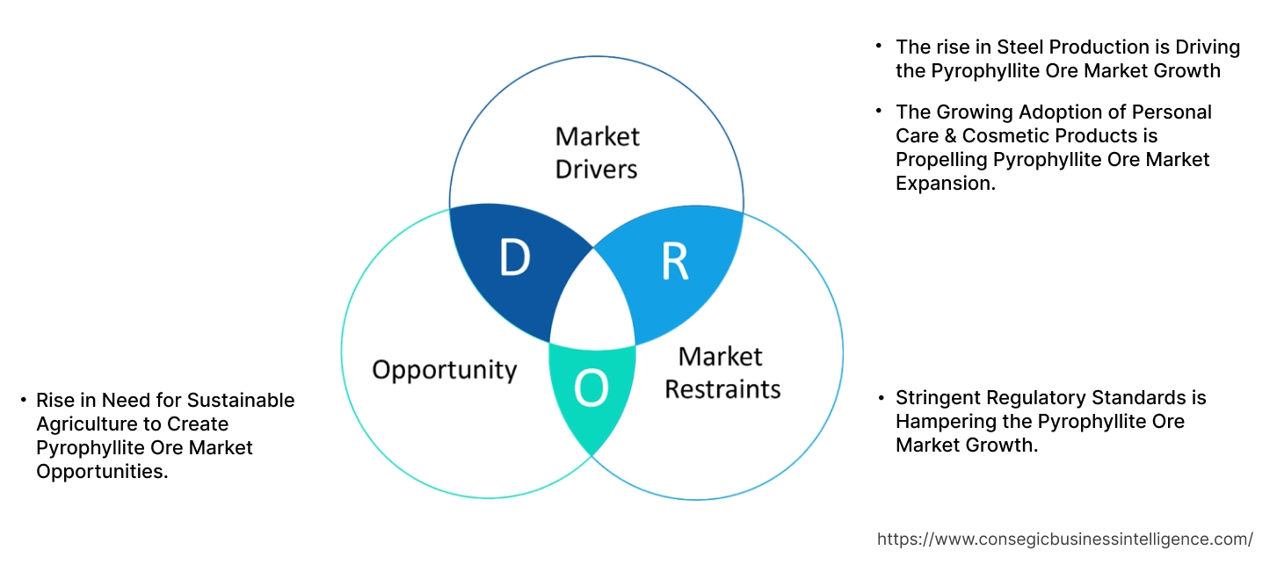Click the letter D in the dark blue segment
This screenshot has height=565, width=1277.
tap(514, 258)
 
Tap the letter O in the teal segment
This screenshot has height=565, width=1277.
tap(591, 389)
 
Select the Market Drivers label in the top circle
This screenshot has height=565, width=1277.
tap(597, 152)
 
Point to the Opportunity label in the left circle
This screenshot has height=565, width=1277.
tap(444, 370)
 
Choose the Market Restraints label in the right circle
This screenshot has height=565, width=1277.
tap(722, 373)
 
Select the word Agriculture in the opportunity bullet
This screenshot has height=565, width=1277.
tap(85, 424)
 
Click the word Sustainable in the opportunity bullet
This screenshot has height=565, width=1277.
tap(240, 401)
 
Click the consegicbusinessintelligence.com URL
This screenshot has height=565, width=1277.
tap(1065, 540)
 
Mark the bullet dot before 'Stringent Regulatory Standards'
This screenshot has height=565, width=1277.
tap(879, 399)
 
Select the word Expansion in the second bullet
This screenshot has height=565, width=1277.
tap(945, 183)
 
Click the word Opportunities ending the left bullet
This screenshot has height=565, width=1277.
tap(100, 472)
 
